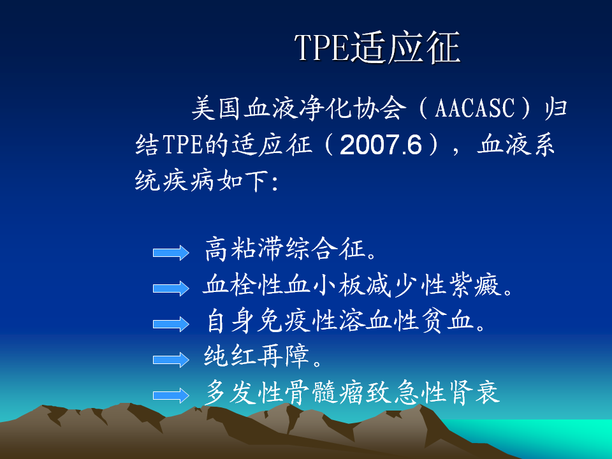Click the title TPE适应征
[x=377, y=47]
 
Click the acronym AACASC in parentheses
[x=475, y=108]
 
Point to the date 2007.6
[x=381, y=145]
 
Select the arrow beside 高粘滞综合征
[x=171, y=253]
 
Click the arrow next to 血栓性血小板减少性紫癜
[x=171, y=288]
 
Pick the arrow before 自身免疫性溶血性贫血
[x=171, y=324]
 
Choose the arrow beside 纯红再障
[x=171, y=360]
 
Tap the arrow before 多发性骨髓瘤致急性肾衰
[x=171, y=395]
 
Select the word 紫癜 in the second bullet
[x=474, y=284]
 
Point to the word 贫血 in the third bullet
[x=448, y=321]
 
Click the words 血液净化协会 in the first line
[x=325, y=108]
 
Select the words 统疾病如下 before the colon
[x=203, y=180]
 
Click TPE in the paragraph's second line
[x=182, y=145]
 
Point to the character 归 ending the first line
[x=556, y=108]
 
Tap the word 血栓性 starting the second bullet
[x=243, y=284]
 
